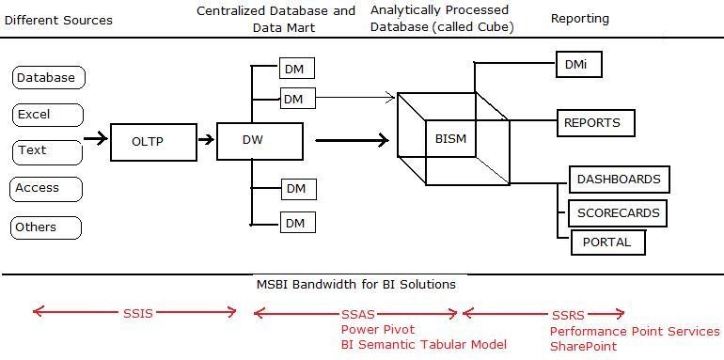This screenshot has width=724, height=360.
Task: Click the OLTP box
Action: tap(148, 141)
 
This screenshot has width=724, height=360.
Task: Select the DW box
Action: tap(260, 140)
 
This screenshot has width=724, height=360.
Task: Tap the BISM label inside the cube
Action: tap(450, 140)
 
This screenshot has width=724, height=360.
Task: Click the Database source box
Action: tap(47, 77)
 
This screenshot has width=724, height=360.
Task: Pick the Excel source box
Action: tap(47, 115)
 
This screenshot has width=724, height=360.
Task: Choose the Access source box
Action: tap(47, 188)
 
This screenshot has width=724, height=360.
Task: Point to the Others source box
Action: tap(47, 227)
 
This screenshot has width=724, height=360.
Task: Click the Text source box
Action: tap(47, 150)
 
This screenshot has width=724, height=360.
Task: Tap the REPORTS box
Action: tap(592, 122)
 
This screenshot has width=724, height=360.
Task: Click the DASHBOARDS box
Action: tap(619, 179)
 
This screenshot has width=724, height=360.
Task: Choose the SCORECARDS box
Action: tap(619, 212)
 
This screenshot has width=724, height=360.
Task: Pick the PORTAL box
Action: tap(607, 242)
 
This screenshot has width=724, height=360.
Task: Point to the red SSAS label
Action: tap(356, 313)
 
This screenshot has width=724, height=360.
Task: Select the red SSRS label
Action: tap(566, 313)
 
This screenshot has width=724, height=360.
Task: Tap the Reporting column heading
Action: tap(579, 19)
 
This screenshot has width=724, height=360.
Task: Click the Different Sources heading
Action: tap(58, 20)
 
